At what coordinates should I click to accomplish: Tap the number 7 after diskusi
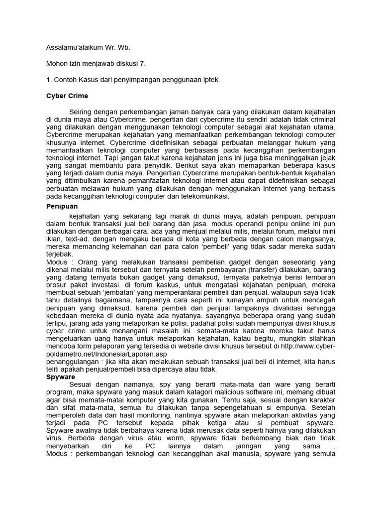coord(145,64)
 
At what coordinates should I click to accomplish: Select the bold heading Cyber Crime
coord(67,96)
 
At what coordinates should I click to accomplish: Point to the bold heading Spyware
coord(61,378)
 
